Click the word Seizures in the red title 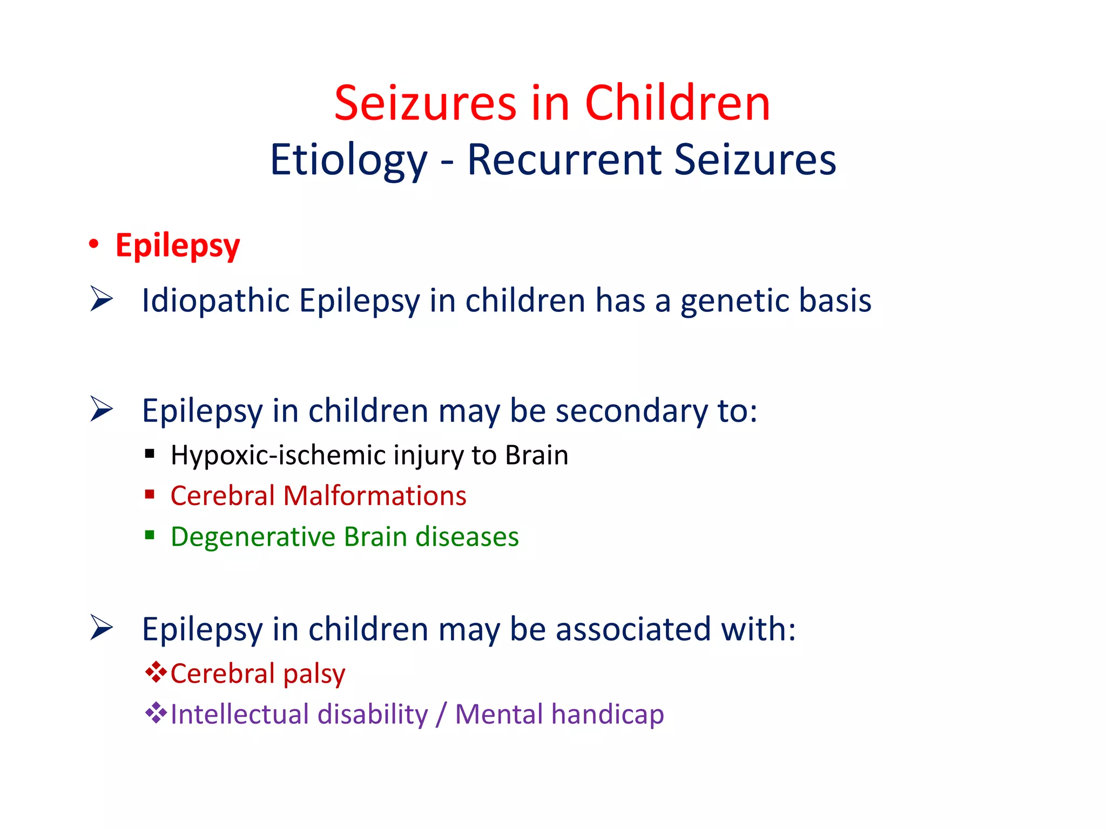click(426, 104)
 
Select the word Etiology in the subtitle click(348, 161)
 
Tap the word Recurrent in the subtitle click(564, 160)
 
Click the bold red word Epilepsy click(178, 246)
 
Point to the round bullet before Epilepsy click(94, 244)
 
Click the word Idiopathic click(215, 300)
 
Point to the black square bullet click(150, 453)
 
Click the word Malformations click(374, 496)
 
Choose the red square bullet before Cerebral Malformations click(150, 494)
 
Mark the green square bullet click(150, 535)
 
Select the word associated click(633, 629)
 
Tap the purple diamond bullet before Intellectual click(156, 712)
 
